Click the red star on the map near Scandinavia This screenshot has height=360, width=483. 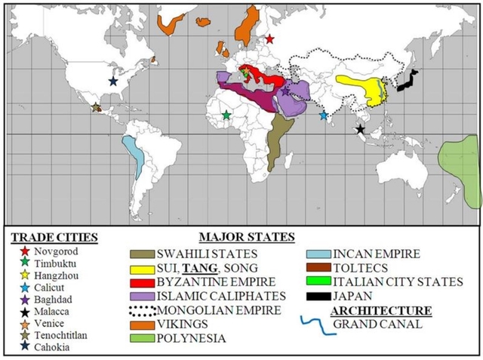[270, 38]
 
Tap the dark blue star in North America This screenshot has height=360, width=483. [113, 81]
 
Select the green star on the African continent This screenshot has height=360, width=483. [226, 115]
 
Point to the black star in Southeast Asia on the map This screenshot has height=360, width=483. [360, 130]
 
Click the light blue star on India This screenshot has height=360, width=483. [324, 115]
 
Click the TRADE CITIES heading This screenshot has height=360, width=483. [54, 237]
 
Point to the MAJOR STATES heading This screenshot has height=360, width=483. [246, 237]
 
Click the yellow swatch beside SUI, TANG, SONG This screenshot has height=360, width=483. [140, 267]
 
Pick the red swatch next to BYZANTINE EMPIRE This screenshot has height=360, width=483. [140, 282]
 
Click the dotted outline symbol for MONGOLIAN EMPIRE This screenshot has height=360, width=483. [140, 309]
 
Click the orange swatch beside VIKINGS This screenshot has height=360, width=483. [140, 324]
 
